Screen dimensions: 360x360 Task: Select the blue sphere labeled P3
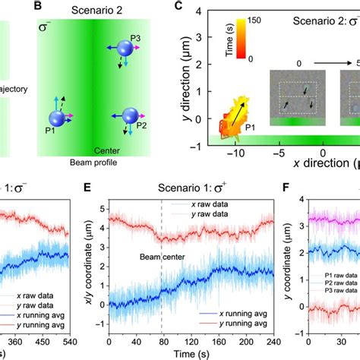tap(126, 50)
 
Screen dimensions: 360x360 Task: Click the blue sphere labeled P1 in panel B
tap(57, 118)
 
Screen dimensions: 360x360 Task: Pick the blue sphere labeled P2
tap(126, 116)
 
